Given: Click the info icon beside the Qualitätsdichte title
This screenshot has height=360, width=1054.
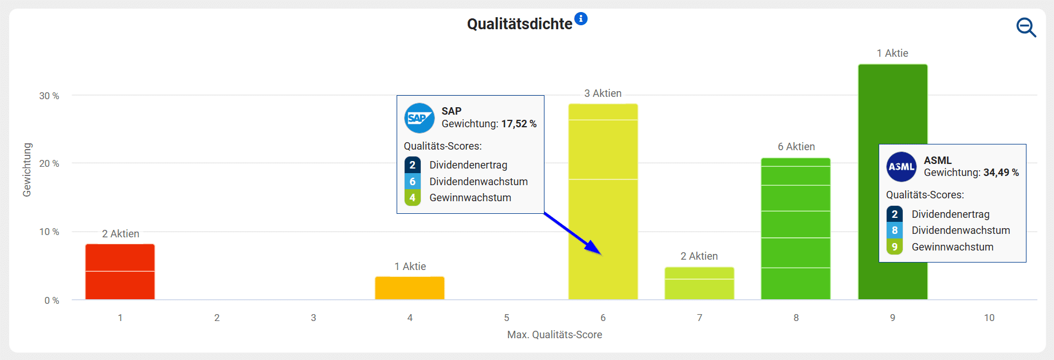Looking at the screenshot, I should [x=581, y=18].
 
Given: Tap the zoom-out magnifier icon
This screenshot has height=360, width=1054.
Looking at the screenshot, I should [x=1025, y=27].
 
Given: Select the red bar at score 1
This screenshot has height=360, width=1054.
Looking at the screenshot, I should [x=120, y=272].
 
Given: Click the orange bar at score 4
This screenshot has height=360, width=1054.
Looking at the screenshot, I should [x=410, y=288].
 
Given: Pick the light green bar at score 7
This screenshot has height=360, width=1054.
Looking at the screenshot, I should [x=699, y=283].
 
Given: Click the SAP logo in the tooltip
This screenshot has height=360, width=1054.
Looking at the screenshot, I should [x=420, y=118].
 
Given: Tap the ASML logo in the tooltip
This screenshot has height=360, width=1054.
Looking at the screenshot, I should [x=902, y=167].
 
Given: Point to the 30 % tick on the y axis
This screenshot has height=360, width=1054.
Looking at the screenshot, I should [x=49, y=96].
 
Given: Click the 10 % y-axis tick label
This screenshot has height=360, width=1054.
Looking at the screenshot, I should [x=49, y=232].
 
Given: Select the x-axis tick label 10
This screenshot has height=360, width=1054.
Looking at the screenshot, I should [x=989, y=318].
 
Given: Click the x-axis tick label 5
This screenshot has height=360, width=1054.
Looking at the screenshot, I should [x=507, y=318].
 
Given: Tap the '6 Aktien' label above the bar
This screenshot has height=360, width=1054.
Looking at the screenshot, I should [x=796, y=147].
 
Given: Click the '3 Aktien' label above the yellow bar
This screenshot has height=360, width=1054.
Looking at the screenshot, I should [x=603, y=93].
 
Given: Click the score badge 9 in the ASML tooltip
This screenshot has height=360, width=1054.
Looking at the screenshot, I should [x=895, y=247].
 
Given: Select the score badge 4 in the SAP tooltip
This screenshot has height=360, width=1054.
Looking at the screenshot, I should [x=412, y=198].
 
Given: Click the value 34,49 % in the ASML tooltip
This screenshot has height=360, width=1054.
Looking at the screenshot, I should [x=1001, y=173].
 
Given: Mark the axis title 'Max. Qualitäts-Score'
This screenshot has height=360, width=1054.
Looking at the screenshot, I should [x=554, y=335].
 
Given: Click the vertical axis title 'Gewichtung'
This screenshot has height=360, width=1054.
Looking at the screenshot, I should [x=27, y=170].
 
